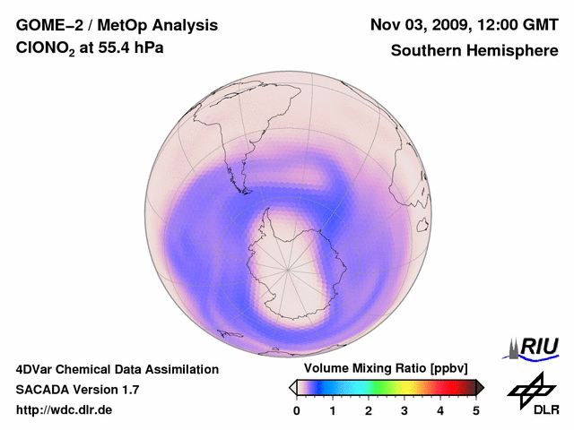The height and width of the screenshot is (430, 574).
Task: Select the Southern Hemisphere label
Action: (474, 50)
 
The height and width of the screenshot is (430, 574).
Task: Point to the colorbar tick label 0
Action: (297, 410)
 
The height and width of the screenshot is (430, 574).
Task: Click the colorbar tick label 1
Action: (333, 410)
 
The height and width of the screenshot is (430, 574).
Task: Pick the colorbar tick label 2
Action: (369, 410)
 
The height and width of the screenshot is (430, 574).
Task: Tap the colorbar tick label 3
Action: (404, 410)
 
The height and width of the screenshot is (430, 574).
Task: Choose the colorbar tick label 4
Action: (440, 410)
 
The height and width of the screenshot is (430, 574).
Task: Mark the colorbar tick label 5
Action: (476, 410)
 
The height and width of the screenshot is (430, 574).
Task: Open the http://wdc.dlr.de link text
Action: (65, 410)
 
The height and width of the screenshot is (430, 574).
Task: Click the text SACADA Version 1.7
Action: (77, 390)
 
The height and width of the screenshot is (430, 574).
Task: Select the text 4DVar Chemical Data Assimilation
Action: (117, 369)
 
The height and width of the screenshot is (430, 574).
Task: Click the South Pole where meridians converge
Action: (288, 267)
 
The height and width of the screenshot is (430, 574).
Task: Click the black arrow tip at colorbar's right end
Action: (480, 387)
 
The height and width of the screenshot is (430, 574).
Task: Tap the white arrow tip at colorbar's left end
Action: (292, 387)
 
